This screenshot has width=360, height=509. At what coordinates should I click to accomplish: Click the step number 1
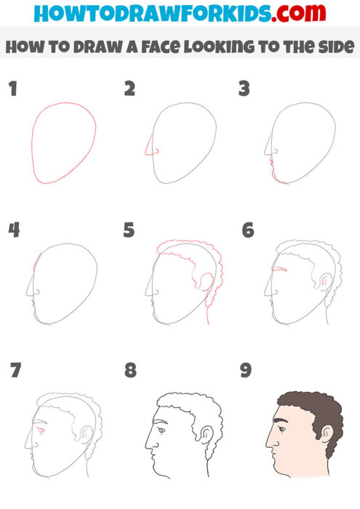tap(12, 89)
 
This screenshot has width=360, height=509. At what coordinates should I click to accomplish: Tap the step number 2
tap(129, 89)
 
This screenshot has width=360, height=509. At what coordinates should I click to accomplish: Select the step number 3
tap(244, 89)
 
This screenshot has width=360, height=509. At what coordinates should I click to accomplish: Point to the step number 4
tap(13, 231)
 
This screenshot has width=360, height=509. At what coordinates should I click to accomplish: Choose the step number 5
tap(129, 231)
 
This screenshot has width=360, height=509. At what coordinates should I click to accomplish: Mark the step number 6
tap(247, 231)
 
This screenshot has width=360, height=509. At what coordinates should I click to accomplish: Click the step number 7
tap(15, 371)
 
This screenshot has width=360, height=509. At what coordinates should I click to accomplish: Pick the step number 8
tap(129, 371)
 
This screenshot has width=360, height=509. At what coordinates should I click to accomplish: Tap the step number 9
tap(246, 371)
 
